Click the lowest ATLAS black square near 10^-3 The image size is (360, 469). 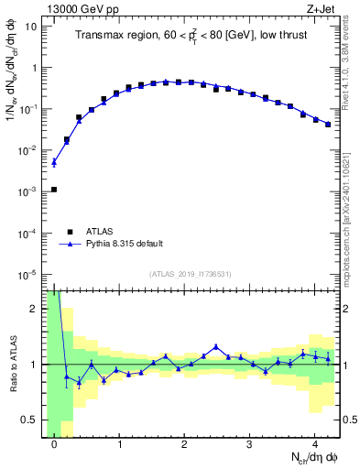(x=54, y=190)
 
